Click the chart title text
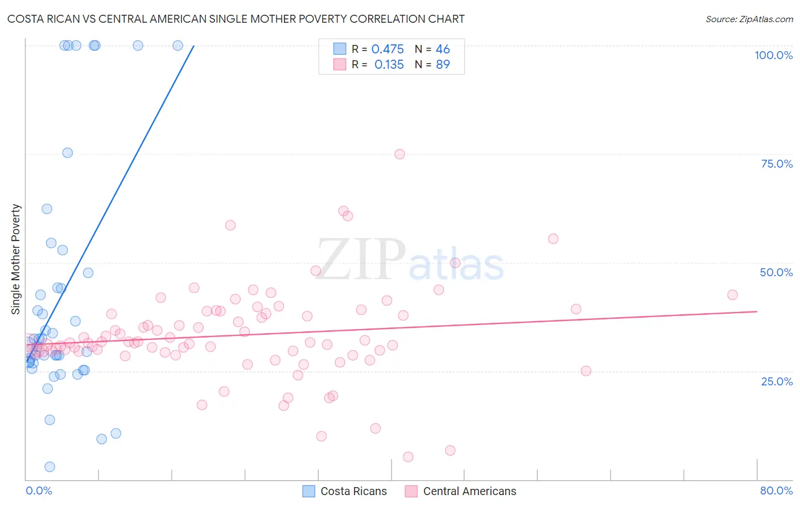point(236,19)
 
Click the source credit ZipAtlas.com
point(749,19)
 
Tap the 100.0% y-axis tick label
point(773,55)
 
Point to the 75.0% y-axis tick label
point(777,164)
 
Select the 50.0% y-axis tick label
point(776,272)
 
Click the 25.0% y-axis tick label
point(777,381)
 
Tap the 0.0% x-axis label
point(39,491)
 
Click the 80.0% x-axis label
point(776,491)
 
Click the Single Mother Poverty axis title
point(16,259)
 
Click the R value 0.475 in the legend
point(387,49)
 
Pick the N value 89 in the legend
point(443,65)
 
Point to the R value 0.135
point(389,65)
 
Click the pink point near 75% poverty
point(399,154)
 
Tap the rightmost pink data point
point(732,294)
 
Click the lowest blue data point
point(50,467)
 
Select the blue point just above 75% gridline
point(67,152)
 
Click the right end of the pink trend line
point(757,311)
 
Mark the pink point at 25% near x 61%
point(585,371)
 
